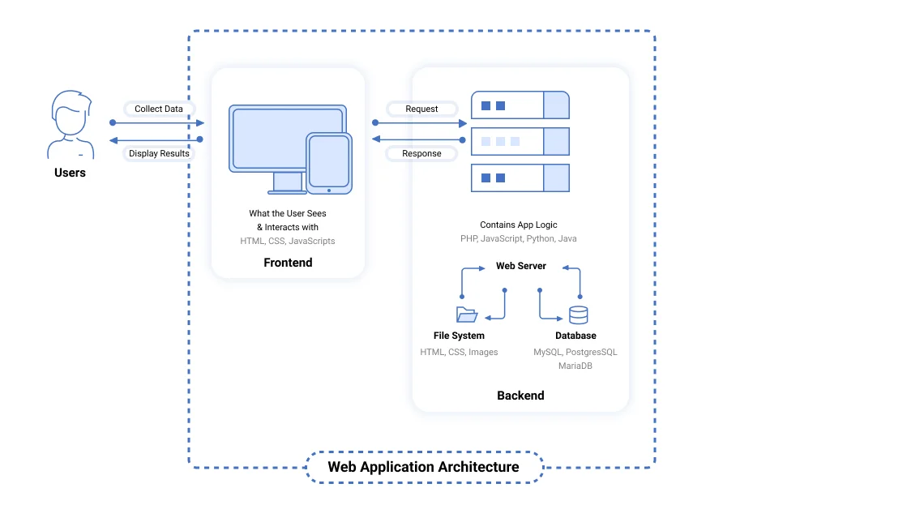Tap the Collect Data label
pos(159,109)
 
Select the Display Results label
pos(159,153)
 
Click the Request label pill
pos(421,109)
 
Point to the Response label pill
pos(421,153)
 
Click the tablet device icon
pos(329,164)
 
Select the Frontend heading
pos(288,263)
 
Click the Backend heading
pos(520,396)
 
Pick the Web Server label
pos(521,266)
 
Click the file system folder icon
pos(466,315)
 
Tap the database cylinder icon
pos(579,315)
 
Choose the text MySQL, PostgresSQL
pos(575,352)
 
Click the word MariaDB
pos(575,366)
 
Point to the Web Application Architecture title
pos(423,467)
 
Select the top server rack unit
pos(520,105)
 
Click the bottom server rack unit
pos(520,178)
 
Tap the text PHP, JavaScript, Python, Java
pos(519,239)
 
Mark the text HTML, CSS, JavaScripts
pos(288,241)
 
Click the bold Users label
pos(70,173)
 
